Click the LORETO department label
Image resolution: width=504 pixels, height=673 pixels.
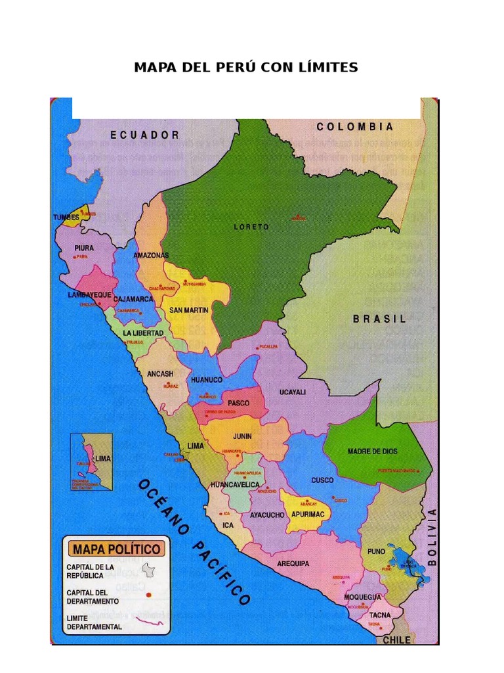point(251,227)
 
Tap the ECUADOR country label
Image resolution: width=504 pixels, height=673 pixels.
point(145,135)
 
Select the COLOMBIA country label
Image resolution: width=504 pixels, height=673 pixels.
point(355,127)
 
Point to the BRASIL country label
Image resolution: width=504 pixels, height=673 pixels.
point(379,319)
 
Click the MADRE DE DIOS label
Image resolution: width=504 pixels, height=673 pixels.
point(372,452)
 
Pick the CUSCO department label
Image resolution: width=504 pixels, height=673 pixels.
point(322,480)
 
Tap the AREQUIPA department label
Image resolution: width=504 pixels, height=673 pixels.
point(293,563)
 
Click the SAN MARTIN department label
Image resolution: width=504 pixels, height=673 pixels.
point(188,310)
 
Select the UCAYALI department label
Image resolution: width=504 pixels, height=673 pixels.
point(293,392)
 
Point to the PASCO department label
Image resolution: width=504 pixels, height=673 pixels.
point(238,403)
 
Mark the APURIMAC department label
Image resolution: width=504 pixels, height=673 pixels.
point(308,515)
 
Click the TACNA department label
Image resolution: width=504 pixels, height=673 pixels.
point(379,615)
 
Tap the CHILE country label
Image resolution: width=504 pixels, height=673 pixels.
point(396,639)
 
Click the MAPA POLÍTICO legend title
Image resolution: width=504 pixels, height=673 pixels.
point(116,549)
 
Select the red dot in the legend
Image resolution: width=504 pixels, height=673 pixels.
point(149,595)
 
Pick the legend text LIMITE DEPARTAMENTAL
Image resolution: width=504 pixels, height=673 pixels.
point(94,622)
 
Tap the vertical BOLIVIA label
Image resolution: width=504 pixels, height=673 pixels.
point(432,536)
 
